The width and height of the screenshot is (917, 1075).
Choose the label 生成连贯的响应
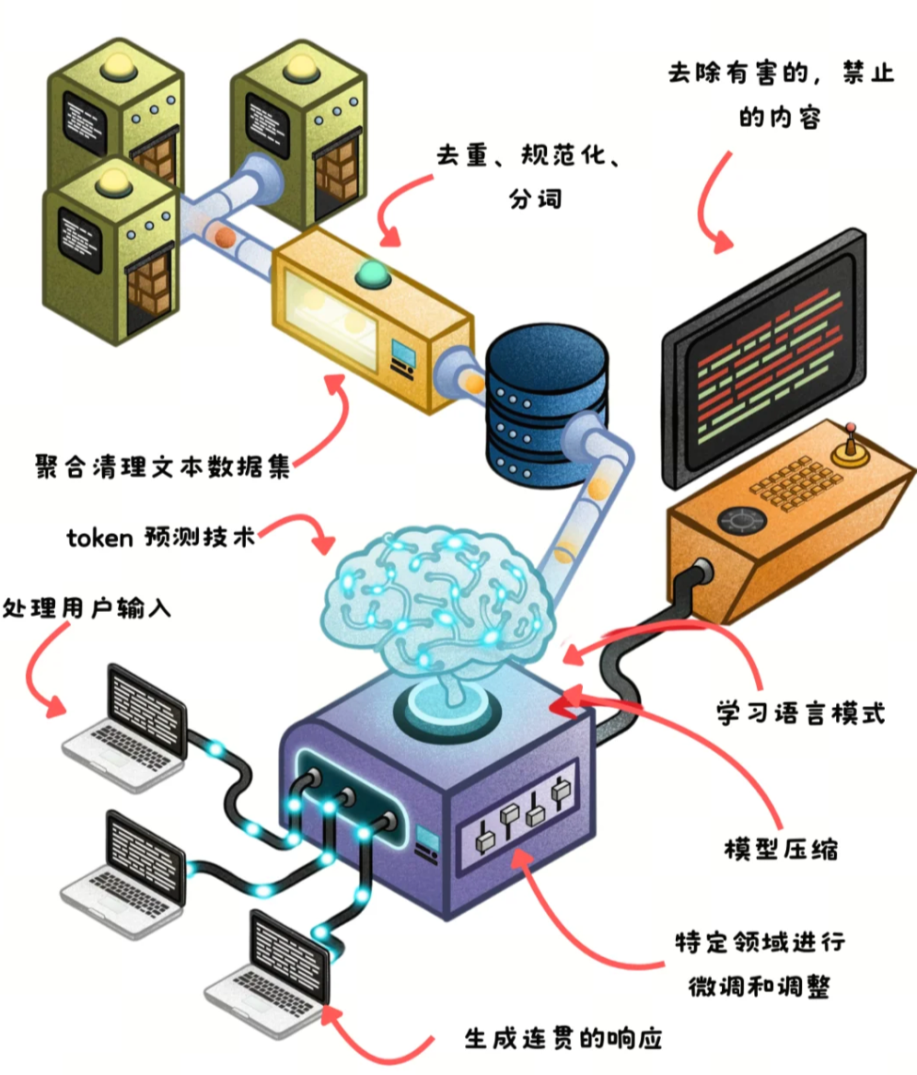(563, 1039)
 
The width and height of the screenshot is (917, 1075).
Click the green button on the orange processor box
(372, 272)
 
